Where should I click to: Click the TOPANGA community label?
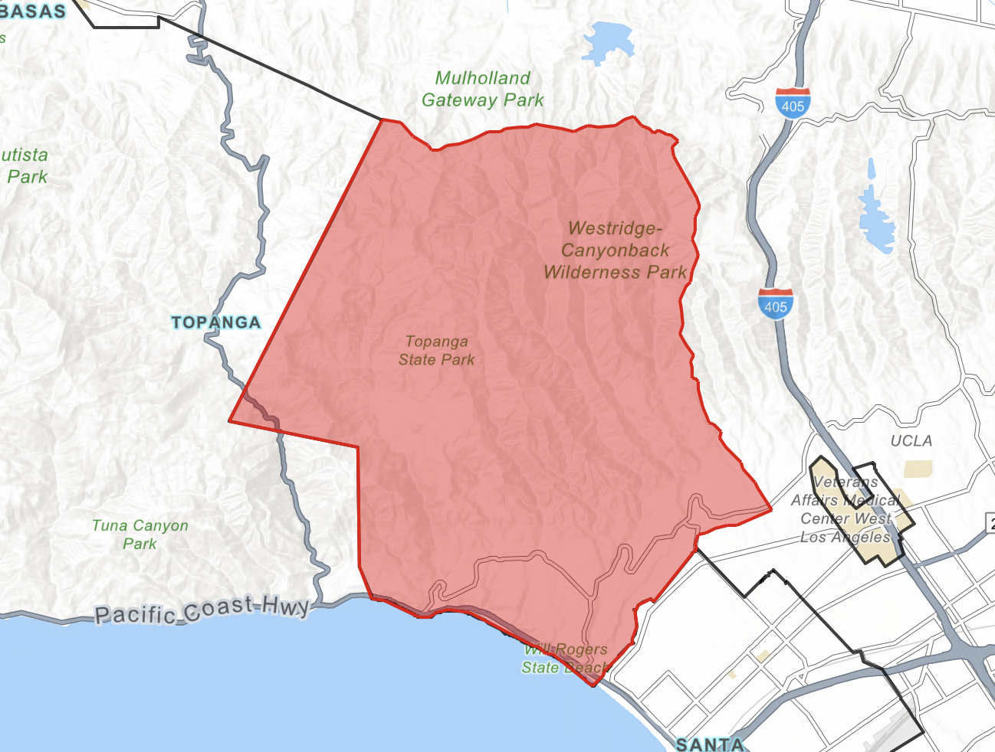pos(216,322)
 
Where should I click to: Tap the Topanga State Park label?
pos(437,351)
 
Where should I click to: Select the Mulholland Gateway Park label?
pos(482,89)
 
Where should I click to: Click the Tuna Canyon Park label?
pos(140,535)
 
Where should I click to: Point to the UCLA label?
pos(911,441)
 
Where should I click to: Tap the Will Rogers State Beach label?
pos(565,659)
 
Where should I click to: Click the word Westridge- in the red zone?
pos(615,228)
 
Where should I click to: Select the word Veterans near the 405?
pos(846,482)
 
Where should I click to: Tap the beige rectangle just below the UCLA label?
pos(918,469)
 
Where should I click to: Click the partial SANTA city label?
pos(709,744)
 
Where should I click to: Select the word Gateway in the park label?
pos(459,100)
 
